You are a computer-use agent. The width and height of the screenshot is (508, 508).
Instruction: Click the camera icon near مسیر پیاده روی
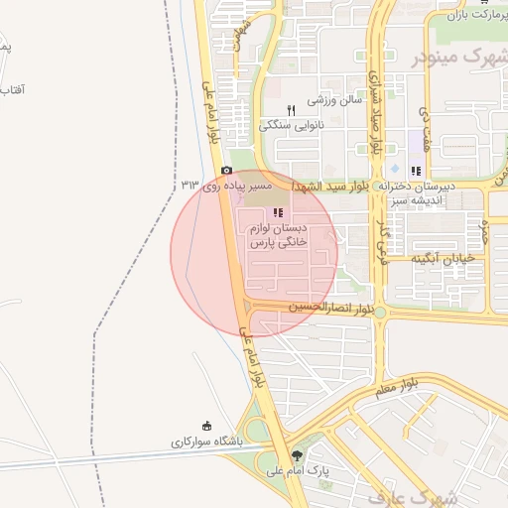(227, 171)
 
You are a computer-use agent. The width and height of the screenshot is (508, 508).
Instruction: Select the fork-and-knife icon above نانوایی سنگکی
(290, 110)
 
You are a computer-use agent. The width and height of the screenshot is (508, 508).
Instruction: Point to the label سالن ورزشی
(334, 100)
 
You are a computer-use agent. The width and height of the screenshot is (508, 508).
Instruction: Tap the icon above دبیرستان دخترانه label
(416, 171)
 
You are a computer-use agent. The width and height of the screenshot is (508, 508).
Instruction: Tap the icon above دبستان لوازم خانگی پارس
(279, 212)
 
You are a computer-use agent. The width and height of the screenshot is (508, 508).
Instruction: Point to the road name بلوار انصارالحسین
(331, 309)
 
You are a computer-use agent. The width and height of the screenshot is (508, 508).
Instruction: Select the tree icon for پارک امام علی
(299, 454)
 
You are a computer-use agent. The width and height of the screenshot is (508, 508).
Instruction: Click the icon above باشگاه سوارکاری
(206, 425)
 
